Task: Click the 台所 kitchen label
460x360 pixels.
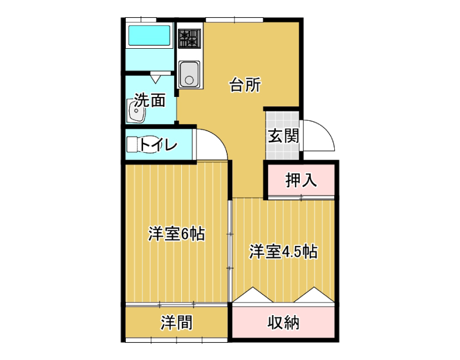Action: (245, 85)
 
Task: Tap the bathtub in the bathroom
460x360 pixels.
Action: (149, 36)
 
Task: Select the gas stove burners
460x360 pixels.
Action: (190, 38)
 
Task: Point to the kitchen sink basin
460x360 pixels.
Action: (189, 74)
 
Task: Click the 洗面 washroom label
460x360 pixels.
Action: (150, 100)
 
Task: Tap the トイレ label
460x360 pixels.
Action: (159, 145)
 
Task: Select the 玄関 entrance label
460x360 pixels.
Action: (283, 136)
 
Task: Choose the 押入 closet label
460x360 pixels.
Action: (301, 180)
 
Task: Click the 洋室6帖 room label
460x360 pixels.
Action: (176, 234)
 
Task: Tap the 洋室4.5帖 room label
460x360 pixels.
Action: (283, 251)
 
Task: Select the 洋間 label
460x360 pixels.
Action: (176, 322)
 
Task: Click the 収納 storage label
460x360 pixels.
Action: (283, 322)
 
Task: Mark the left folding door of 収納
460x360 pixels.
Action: (253, 295)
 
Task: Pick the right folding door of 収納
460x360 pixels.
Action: (314, 295)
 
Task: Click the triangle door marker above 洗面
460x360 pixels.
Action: (156, 79)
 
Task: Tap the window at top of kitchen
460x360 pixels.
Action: (234, 19)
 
